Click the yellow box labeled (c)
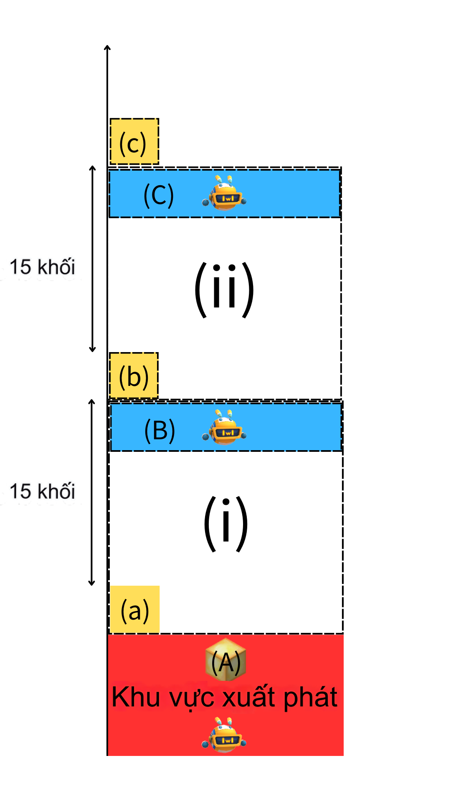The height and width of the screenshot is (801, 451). point(134,141)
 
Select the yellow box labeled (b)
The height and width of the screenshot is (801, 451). point(134,375)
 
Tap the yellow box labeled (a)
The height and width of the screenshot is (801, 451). point(134,610)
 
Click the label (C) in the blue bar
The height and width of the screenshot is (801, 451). point(158,195)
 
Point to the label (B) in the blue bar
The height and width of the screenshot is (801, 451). point(159,430)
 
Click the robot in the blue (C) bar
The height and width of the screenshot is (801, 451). point(225,193)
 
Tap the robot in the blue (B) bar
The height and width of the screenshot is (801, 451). point(225,428)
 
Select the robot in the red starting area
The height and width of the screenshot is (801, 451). point(224,735)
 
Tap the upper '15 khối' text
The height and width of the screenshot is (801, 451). point(42,267)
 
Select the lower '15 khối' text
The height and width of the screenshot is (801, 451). point(42,491)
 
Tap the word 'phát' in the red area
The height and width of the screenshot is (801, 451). point(310,698)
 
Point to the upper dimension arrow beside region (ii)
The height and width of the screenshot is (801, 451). point(93,259)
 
